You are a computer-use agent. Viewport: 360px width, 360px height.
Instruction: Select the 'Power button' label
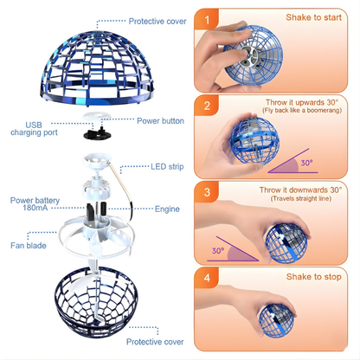160,121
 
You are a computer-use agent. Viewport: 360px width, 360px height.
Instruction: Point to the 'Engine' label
167,209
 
